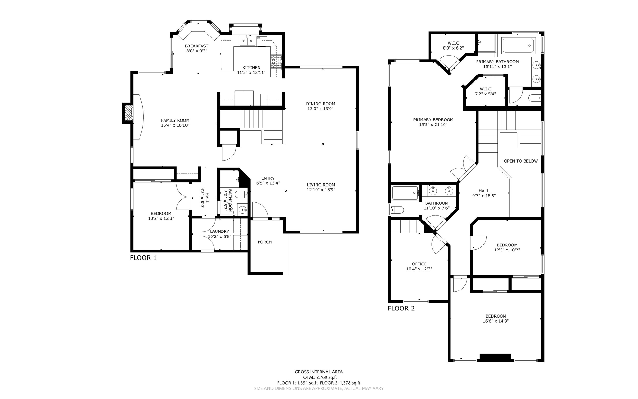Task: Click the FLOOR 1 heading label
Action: coord(143,258)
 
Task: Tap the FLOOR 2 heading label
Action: coord(401,309)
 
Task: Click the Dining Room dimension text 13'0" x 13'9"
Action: coord(320,109)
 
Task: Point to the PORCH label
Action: coord(264,242)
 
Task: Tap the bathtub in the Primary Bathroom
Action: coord(518,46)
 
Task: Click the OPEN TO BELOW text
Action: coord(521,161)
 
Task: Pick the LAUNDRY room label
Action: coord(219,231)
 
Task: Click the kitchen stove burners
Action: coord(276,61)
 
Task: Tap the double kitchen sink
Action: coord(247,41)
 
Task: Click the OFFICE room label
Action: coord(419,264)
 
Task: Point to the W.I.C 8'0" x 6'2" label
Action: coord(453,46)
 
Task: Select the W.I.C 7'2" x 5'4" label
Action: coord(485,91)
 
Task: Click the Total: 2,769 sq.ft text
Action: coord(319,377)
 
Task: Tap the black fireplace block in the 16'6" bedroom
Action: coord(495,358)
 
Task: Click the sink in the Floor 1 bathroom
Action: coord(243,210)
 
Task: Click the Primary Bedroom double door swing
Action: coord(463,168)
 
